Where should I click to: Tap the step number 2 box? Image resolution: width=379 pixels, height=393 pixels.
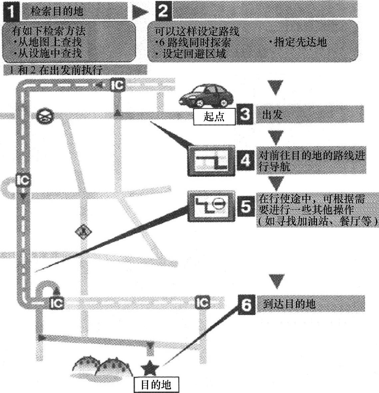tap(163, 11)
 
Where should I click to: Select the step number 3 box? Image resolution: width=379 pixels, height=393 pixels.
tap(245, 115)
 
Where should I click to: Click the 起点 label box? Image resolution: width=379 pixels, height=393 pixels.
tap(214, 117)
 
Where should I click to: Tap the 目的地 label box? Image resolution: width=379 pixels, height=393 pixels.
tap(156, 385)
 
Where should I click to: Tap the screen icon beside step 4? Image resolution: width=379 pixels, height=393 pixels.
tap(211, 161)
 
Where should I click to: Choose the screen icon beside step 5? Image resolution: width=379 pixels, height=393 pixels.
tap(211, 206)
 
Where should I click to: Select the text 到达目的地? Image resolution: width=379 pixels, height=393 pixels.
tap(289, 304)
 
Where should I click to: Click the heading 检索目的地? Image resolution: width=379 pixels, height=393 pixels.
tap(57, 12)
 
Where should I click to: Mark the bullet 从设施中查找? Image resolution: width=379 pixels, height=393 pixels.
tap(48, 53)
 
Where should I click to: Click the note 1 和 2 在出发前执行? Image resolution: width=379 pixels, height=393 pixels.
tap(55, 70)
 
